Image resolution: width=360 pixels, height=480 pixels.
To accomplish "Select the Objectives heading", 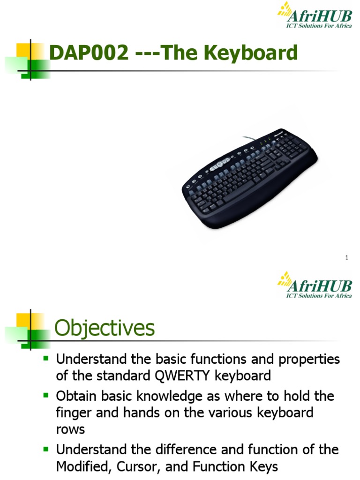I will coord(105,328).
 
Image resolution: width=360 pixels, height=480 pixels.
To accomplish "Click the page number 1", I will coord(347,257).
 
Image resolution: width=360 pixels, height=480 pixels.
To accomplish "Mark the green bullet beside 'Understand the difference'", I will coord(46,449).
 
